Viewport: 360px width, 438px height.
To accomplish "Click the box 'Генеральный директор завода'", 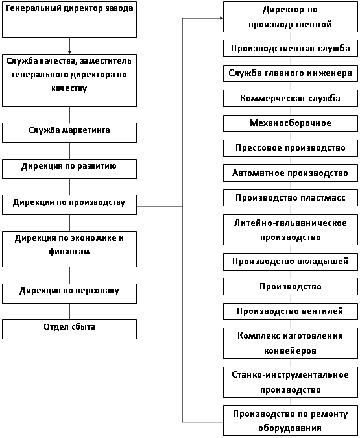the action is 69,19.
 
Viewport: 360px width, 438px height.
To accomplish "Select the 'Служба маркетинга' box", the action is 69,132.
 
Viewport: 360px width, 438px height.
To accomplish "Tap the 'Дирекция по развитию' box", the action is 69,169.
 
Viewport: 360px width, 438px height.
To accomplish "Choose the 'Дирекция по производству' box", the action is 69,205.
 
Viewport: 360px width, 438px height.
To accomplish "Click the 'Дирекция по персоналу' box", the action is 69,293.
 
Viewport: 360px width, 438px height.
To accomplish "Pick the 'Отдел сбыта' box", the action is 69,330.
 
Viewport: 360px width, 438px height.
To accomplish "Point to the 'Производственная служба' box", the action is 291,49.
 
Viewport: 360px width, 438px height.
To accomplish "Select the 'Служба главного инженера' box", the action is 291,73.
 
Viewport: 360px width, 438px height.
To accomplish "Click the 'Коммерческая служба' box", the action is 291,99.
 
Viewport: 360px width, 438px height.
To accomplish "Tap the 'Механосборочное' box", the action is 291,123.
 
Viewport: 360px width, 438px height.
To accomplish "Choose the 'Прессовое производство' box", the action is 291,148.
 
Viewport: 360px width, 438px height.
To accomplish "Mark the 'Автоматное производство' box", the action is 291,173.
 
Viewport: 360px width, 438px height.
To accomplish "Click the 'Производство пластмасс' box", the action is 291,198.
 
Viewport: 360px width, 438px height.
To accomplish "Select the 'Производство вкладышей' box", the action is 291,262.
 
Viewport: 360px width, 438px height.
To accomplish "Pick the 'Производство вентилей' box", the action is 291,311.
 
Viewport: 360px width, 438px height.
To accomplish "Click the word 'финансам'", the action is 69,251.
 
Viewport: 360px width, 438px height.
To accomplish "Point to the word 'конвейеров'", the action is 290,350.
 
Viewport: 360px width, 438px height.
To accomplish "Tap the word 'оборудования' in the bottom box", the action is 290,428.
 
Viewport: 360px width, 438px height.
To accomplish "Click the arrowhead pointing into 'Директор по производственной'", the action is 221,18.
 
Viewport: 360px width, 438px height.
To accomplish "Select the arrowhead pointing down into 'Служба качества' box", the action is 69,53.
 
